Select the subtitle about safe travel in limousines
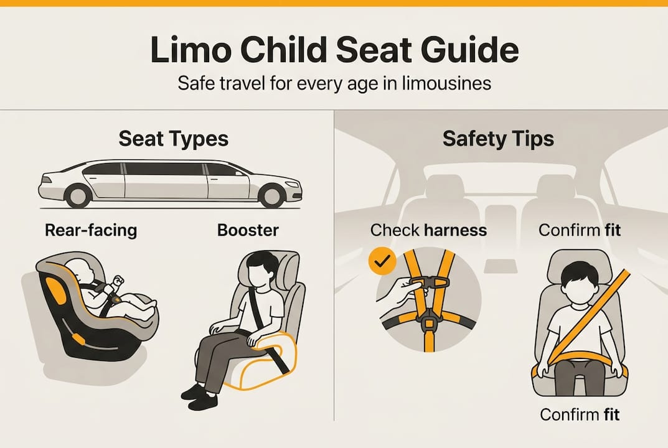334,83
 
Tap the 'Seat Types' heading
174,139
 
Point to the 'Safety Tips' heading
498,139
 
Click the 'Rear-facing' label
91,230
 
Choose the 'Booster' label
248,230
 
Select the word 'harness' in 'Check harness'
455,230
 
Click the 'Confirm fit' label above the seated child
580,230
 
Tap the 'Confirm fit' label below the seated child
580,414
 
